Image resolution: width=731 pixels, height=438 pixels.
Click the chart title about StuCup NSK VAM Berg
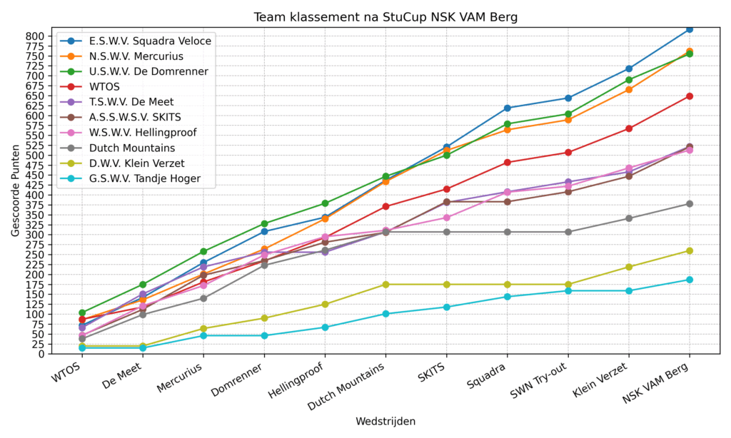point(385,16)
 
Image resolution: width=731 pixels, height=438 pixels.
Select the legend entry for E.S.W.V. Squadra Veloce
point(150,41)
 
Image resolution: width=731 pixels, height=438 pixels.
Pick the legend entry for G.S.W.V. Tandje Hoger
point(145,179)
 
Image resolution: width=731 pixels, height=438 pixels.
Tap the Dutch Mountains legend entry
point(132,148)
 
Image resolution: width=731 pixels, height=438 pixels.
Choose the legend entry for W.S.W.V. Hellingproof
point(143,133)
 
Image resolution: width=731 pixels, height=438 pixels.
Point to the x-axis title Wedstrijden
point(385,422)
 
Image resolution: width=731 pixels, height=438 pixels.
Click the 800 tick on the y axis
point(36,36)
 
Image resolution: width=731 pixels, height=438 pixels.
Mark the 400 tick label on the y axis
point(36,195)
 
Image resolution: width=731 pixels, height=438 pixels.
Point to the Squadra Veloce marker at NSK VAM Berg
point(690,29)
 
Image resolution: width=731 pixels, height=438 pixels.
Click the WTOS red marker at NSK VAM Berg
point(690,96)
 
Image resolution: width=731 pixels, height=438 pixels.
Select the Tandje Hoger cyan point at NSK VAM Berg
point(690,280)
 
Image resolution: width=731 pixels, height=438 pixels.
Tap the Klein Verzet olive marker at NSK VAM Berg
point(690,250)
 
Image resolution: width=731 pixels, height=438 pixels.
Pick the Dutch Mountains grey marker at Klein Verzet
point(629,218)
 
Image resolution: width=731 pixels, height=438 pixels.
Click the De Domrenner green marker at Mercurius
point(203,252)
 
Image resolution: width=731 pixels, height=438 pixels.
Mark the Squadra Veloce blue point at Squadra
point(508,108)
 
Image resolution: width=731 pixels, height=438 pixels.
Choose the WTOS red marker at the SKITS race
point(447,189)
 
